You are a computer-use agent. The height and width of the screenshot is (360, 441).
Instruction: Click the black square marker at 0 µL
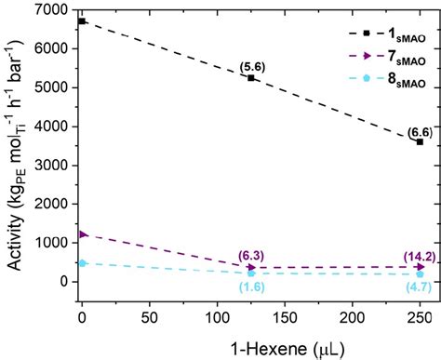(82, 20)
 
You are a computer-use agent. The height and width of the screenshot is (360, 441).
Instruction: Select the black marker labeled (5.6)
(251, 78)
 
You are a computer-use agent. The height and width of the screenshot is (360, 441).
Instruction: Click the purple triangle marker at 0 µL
(82, 233)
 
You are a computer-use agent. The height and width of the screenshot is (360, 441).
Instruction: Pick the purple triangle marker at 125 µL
(251, 268)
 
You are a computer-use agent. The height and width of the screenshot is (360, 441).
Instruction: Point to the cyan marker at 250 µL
(420, 274)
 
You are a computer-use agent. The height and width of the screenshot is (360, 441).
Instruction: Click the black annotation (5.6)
(251, 65)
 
